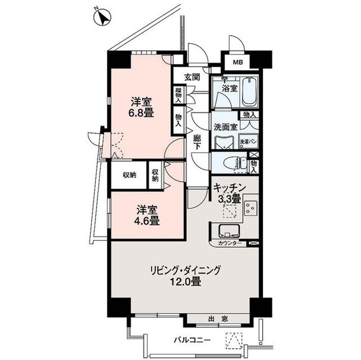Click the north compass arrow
point(103,18)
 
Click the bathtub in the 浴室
point(249,92)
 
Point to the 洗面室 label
point(224,127)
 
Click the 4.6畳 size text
point(147,220)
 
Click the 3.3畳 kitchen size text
point(228,198)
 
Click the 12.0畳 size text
point(186,282)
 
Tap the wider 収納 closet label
point(130,175)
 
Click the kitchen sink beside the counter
point(228,231)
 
